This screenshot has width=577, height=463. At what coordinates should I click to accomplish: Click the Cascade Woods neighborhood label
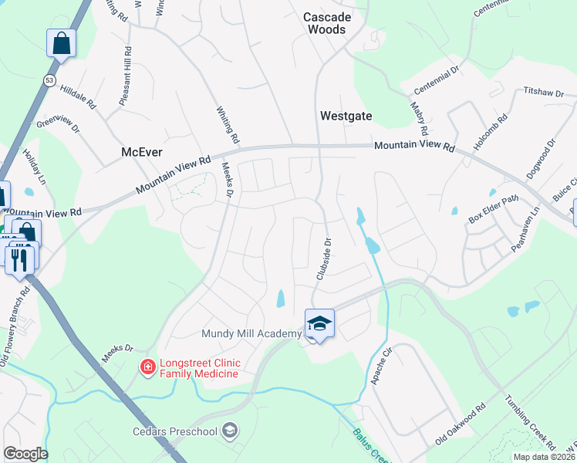coord(326,23)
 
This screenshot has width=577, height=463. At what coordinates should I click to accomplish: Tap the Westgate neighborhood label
coord(346,117)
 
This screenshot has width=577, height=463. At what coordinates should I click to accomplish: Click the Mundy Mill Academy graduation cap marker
coord(319,324)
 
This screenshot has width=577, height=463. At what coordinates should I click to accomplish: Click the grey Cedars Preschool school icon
coord(228,430)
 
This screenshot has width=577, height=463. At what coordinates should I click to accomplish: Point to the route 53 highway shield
coord(50,80)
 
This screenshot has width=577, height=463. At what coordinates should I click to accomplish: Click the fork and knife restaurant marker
coord(19,259)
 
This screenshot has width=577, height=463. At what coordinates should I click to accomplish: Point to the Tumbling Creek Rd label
coord(530,421)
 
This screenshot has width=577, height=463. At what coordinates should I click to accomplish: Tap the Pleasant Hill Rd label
coord(123,77)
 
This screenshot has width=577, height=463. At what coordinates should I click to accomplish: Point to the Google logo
coord(25,454)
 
